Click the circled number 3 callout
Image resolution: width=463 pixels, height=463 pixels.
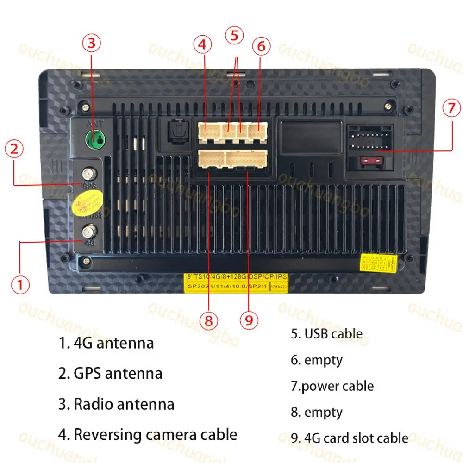pos(91,43)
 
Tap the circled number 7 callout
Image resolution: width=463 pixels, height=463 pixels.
pos(451,108)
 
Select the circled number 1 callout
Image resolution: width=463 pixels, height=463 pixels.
pos(19,284)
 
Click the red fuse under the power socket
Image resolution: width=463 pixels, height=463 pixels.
pos(371,162)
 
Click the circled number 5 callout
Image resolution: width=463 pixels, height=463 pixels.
pos(234,35)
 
